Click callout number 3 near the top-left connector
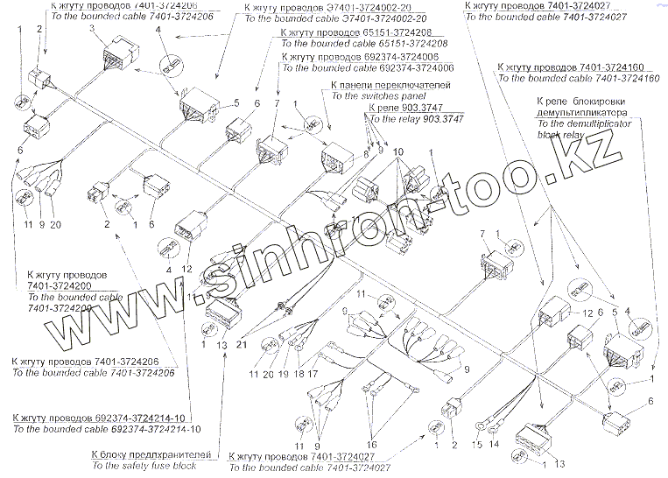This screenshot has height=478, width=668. tap(91, 29)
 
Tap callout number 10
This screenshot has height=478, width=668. tap(397, 152)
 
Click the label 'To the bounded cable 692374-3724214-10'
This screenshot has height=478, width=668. tap(106, 429)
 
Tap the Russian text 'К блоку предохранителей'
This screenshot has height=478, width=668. tap(151, 455)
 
